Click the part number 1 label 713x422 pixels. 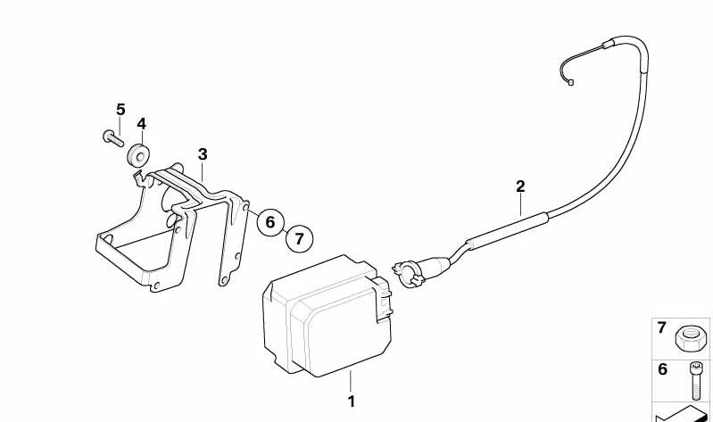click(x=351, y=401)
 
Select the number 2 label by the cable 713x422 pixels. click(x=520, y=186)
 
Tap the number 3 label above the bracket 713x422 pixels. click(x=203, y=154)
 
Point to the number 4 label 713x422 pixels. click(x=141, y=124)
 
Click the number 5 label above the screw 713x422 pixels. click(x=120, y=109)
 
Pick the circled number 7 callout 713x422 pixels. click(x=299, y=238)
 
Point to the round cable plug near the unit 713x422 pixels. click(x=408, y=269)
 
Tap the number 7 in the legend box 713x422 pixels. click(x=662, y=328)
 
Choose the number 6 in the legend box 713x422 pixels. click(x=662, y=369)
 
